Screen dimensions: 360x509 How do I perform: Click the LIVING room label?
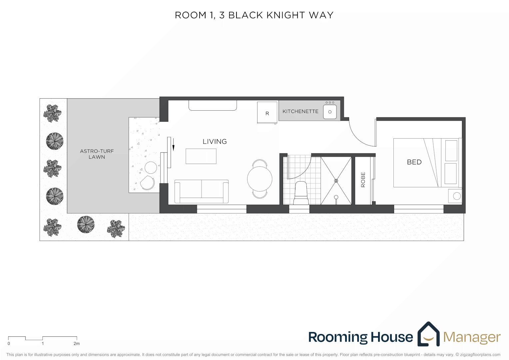pyautogui.click(x=215, y=142)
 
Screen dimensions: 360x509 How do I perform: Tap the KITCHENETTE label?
pyautogui.click(x=300, y=111)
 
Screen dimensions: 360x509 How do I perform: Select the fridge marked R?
pyautogui.click(x=267, y=113)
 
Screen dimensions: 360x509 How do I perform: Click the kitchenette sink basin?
pyautogui.click(x=330, y=112)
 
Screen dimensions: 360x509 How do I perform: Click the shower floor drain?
pyautogui.click(x=336, y=181)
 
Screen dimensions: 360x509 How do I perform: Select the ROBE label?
pyautogui.click(x=363, y=180)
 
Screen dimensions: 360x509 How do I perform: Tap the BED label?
pyautogui.click(x=414, y=162)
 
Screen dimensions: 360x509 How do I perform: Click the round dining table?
pyautogui.click(x=259, y=179)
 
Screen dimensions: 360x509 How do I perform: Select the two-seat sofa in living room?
pyautogui.click(x=202, y=191)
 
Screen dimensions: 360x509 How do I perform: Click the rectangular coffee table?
pyautogui.click(x=201, y=156)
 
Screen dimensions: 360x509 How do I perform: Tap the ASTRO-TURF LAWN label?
pyautogui.click(x=97, y=154)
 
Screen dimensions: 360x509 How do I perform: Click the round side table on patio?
pyautogui.click(x=151, y=167)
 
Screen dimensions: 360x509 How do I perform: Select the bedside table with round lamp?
pyautogui.click(x=455, y=196)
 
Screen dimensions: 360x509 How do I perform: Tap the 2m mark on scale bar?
pyautogui.click(x=77, y=343)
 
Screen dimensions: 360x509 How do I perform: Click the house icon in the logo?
pyautogui.click(x=428, y=334)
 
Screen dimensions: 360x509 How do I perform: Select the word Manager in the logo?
pyautogui.click(x=472, y=337)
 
